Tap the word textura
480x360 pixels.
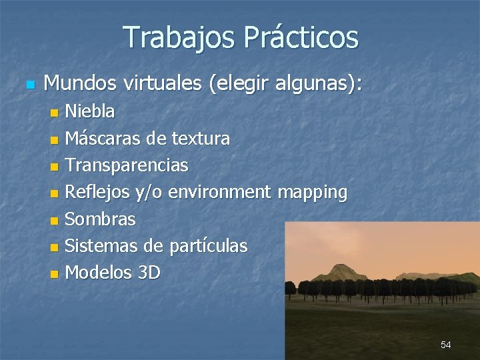point(201,139)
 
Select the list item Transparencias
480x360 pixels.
point(127,165)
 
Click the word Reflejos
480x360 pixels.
point(97,193)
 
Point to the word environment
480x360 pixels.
point(219,193)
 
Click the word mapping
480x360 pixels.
point(312,193)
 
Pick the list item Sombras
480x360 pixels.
point(100,219)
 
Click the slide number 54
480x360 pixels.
point(445,345)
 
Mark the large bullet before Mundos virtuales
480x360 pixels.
point(27,85)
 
